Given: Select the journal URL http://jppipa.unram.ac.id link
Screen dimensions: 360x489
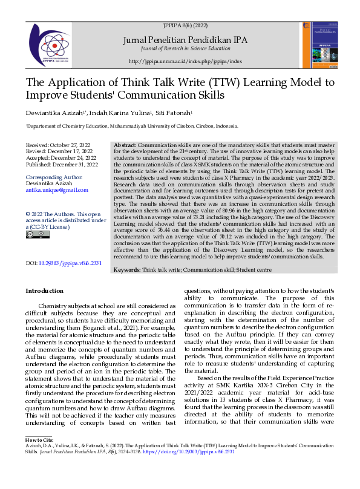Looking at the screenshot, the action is click(x=185, y=62).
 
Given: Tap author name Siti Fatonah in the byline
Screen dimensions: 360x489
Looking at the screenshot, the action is click(x=172, y=113).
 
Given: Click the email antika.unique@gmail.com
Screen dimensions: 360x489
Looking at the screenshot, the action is click(x=57, y=190).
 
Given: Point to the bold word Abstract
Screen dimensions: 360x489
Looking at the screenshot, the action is click(x=125, y=146).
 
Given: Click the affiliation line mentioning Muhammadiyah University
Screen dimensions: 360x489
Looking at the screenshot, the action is click(x=132, y=126).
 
